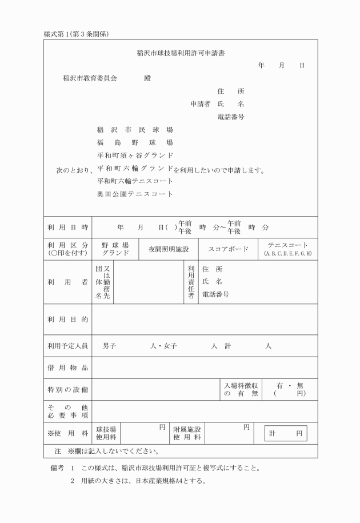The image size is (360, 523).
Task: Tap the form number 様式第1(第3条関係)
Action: (77, 34)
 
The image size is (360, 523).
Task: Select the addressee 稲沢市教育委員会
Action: (90, 78)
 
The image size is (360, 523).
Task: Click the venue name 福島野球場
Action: (135, 142)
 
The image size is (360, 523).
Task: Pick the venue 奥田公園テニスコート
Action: (135, 194)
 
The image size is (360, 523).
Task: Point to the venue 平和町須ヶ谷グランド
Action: (135, 155)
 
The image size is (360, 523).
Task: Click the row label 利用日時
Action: (68, 227)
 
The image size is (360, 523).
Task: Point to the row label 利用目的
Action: (68, 320)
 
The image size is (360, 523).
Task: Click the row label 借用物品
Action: (68, 368)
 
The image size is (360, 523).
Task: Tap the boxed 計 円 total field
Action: (286, 434)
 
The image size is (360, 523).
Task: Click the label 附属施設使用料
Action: (187, 433)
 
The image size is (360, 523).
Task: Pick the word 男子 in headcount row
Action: (110, 346)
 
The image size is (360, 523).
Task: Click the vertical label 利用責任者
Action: (191, 282)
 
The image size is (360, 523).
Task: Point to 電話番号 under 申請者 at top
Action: (231, 117)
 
